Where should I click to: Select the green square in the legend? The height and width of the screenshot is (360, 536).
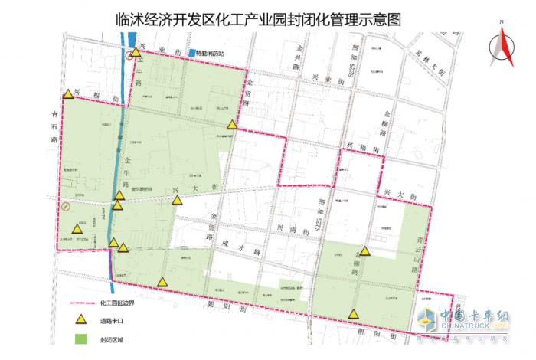tap(80, 338)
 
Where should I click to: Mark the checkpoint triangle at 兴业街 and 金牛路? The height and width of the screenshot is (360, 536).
tap(136, 53)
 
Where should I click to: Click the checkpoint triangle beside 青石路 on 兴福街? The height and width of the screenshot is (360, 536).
tap(69, 94)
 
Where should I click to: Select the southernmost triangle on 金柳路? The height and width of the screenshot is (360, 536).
tap(353, 313)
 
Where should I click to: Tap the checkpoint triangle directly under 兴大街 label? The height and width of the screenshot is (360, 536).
tap(178, 201)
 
